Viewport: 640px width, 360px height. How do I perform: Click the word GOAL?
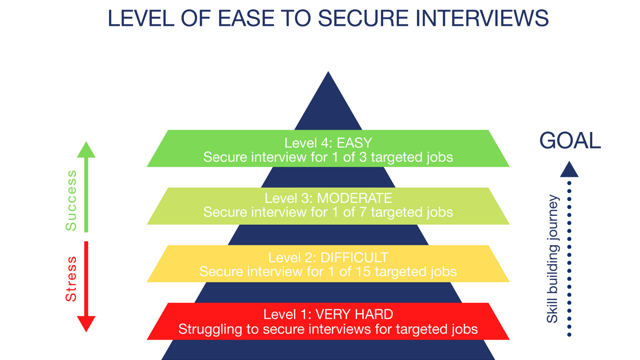(x=570, y=141)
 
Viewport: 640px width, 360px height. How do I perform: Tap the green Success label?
(x=71, y=200)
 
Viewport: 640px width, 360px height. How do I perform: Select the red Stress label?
(x=71, y=279)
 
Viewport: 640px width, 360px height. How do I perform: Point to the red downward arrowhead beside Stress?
(x=86, y=323)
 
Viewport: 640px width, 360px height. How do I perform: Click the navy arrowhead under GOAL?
(x=569, y=170)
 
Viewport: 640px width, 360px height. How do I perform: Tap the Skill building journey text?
(x=552, y=259)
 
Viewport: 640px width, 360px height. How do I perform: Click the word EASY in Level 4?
(x=354, y=143)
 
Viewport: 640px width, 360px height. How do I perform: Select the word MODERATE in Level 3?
(x=354, y=198)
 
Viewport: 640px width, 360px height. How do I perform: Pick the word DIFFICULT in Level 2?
(x=354, y=258)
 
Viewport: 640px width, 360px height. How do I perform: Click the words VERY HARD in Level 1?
(x=354, y=314)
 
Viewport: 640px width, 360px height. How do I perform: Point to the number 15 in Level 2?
(x=363, y=272)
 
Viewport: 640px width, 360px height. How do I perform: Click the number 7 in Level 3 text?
(x=363, y=212)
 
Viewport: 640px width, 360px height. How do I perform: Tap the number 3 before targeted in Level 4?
(x=363, y=157)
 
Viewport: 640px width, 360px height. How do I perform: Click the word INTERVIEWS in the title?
(x=482, y=18)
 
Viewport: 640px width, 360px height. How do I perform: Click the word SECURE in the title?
(x=363, y=18)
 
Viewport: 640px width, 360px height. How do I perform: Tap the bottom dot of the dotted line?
(x=569, y=335)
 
